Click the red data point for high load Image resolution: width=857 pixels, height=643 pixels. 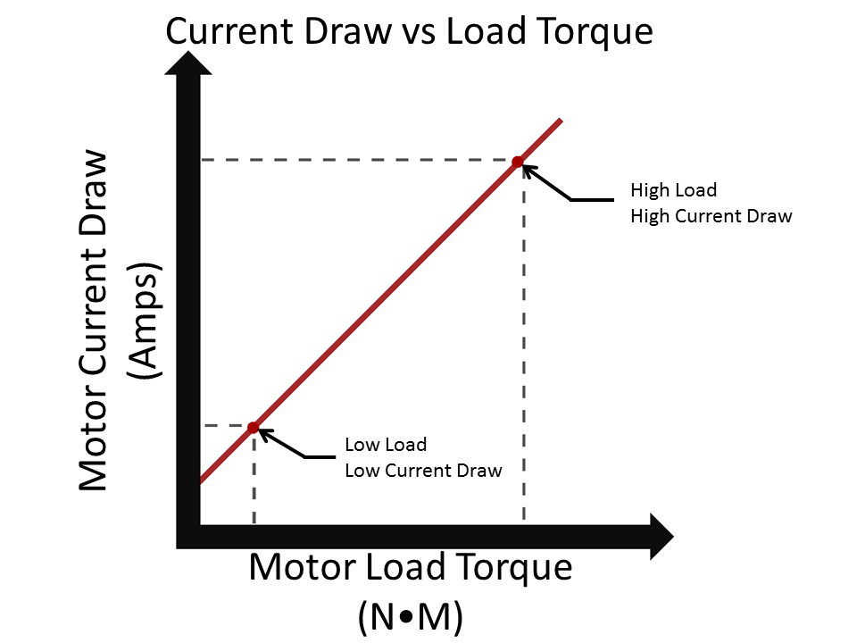coord(517,162)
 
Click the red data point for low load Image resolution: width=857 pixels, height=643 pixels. coord(253,428)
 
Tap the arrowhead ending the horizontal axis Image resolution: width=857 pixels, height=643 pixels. coord(659,536)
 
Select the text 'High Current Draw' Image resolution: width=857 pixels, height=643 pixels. coord(711,216)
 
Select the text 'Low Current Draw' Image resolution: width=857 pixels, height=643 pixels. coord(423,470)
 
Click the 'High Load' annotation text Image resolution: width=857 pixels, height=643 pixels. coord(673,190)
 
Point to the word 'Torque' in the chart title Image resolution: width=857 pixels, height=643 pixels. coord(599,32)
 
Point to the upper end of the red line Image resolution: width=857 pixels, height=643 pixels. coord(559,120)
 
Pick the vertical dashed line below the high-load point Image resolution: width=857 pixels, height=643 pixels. coord(524,357)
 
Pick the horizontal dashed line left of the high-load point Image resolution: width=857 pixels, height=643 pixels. coord(357,160)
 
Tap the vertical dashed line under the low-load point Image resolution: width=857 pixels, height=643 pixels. coord(254,482)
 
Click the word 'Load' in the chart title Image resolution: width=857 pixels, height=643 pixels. coord(483,32)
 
